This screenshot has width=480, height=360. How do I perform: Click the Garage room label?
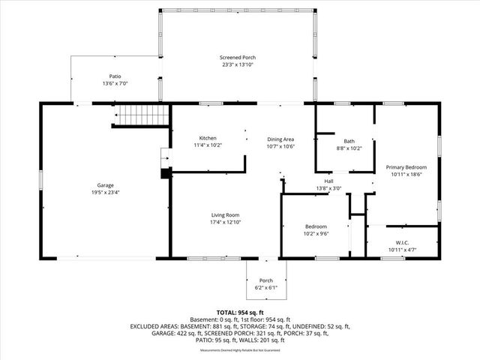pos(105,184)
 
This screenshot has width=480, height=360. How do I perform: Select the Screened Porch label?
pos(236,58)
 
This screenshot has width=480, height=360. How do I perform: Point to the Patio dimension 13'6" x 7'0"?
pos(115,83)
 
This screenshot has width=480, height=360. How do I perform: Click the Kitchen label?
pos(208,138)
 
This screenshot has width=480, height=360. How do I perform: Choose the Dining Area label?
pos(280,139)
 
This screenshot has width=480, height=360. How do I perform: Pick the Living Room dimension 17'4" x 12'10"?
pos(225,223)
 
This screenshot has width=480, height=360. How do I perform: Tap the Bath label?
pos(349,141)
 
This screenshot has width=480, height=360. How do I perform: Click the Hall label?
pos(328,181)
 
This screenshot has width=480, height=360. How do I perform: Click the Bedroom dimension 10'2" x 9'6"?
pos(315,233)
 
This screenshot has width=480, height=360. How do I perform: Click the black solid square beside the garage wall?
pos(165,172)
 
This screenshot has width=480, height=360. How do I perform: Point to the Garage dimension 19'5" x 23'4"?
pos(105,192)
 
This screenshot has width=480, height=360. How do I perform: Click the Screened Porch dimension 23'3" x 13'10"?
pos(236,65)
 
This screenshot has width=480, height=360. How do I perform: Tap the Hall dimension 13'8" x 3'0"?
pos(328,188)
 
